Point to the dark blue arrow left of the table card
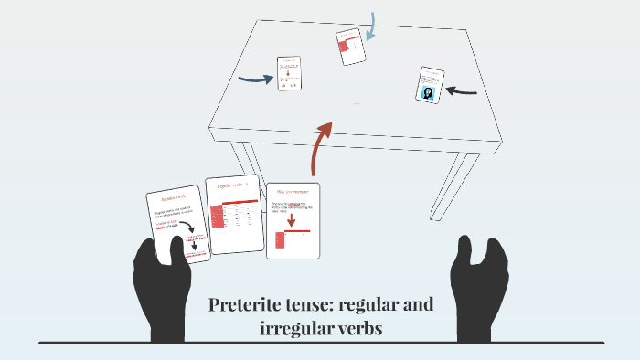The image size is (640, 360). coord(255,79)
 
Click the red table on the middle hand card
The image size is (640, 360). coord(218,216)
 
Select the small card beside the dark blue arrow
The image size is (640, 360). coord(290,73)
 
